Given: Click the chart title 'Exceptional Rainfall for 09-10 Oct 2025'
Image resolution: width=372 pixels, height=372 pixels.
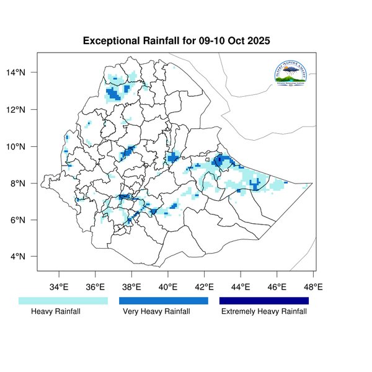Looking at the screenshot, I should pyautogui.click(x=180, y=41).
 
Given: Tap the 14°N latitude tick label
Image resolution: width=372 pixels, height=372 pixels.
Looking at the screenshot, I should pyautogui.click(x=24, y=73).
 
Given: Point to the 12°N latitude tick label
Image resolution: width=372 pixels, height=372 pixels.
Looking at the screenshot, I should pyautogui.click(x=24, y=110).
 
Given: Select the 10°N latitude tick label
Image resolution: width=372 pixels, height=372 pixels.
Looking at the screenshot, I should pyautogui.click(x=24, y=147).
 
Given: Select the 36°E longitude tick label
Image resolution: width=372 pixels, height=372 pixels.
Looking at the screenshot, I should pyautogui.click(x=95, y=287).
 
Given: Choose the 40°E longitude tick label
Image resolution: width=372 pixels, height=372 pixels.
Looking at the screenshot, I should pyautogui.click(x=168, y=287).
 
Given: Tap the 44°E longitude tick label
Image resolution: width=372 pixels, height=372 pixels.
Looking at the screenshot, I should pyautogui.click(x=241, y=287).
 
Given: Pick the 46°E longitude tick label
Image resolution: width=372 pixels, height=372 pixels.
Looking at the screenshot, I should pyautogui.click(x=277, y=287).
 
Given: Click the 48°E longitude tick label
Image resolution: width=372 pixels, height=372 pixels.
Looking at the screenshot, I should pyautogui.click(x=313, y=287).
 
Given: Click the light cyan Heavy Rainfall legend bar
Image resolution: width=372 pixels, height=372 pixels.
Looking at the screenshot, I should pyautogui.click(x=63, y=301).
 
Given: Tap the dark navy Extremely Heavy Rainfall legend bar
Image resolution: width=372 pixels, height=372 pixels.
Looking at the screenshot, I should pyautogui.click(x=264, y=301).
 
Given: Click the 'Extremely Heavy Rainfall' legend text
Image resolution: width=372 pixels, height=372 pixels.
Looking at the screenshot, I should pyautogui.click(x=264, y=311).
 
